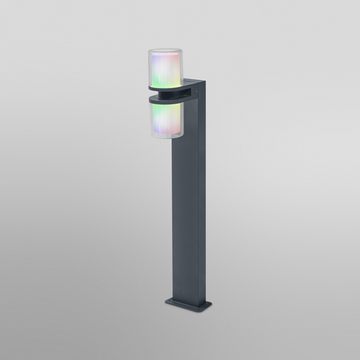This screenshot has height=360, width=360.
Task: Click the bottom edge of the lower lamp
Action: [166, 138]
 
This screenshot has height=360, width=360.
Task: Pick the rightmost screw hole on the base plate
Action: [207, 303]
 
